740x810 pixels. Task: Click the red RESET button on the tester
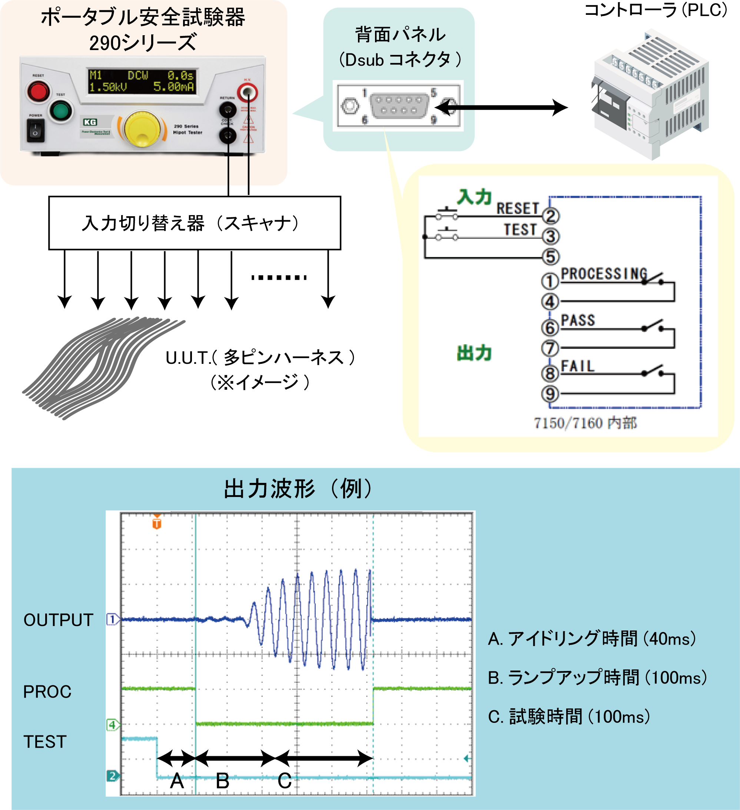(38, 92)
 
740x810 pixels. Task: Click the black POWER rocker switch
(35, 131)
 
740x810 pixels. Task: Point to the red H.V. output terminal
(247, 92)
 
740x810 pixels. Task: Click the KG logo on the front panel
(90, 122)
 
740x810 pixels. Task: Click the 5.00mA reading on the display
(173, 87)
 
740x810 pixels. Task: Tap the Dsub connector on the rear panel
(399, 105)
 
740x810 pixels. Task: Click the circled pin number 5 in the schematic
(551, 257)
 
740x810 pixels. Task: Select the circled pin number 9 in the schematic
(550, 394)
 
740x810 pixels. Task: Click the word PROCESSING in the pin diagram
(604, 274)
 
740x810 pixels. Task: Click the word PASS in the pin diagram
(577, 320)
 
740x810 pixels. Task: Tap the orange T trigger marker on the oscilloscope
(157, 524)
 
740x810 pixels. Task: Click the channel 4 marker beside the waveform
(112, 725)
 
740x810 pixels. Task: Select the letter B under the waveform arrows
(222, 781)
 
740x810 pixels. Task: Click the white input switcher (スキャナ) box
(194, 223)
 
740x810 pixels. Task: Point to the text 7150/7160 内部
(585, 423)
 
